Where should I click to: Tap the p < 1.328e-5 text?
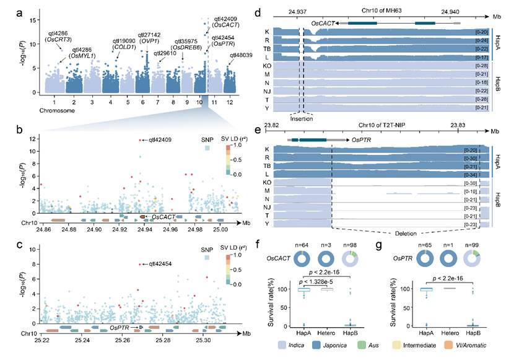[338, 282]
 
